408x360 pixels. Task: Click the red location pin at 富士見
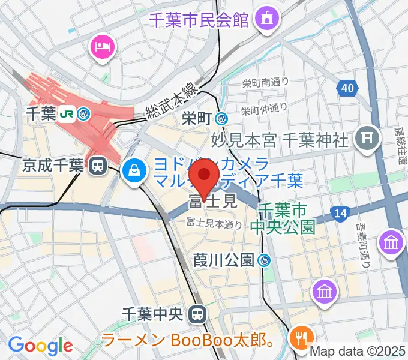point(203,177)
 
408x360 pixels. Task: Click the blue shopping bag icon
point(133,170)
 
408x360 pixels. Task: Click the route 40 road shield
point(346,89)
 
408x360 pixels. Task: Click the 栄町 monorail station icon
point(222,119)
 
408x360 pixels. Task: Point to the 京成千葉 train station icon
point(95,166)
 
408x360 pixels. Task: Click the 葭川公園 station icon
point(264,260)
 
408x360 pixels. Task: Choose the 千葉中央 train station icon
point(196,313)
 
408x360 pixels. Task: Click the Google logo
point(40,345)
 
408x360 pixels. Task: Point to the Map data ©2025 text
point(358,351)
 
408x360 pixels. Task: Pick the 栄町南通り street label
point(265,83)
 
